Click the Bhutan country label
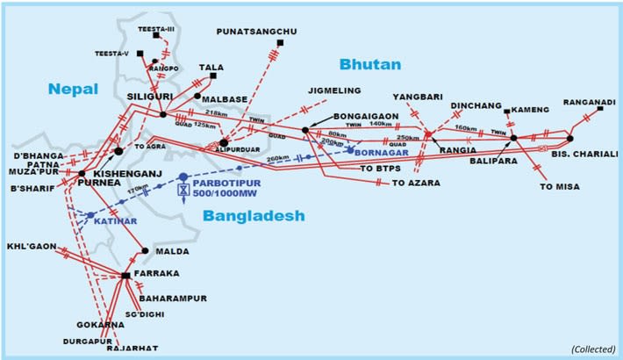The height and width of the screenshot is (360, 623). (369, 64)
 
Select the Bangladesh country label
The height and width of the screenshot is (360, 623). (253, 215)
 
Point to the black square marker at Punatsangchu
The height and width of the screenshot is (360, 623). (279, 42)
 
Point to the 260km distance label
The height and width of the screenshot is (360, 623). (279, 158)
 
